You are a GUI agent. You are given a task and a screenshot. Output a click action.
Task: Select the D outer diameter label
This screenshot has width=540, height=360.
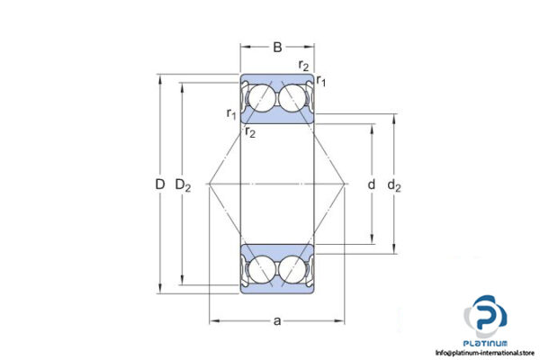[159, 185]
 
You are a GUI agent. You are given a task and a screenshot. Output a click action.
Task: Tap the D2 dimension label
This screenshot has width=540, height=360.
[183, 185]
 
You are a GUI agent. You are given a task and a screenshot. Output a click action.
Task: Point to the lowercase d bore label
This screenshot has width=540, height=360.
[371, 185]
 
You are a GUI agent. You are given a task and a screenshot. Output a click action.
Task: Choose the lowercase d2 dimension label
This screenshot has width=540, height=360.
[394, 185]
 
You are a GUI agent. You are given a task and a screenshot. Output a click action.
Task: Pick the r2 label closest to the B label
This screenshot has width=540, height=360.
[304, 65]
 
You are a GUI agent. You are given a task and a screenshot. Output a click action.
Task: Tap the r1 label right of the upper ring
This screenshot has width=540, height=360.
[321, 83]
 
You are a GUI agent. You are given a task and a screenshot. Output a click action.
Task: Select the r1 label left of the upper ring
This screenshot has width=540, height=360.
[231, 113]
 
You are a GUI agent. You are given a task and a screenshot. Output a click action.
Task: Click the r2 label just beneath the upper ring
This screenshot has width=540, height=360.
[249, 132]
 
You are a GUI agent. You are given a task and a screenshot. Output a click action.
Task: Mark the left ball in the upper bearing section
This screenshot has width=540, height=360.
[261, 97]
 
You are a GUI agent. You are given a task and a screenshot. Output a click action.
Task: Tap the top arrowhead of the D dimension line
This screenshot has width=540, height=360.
[159, 76]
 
